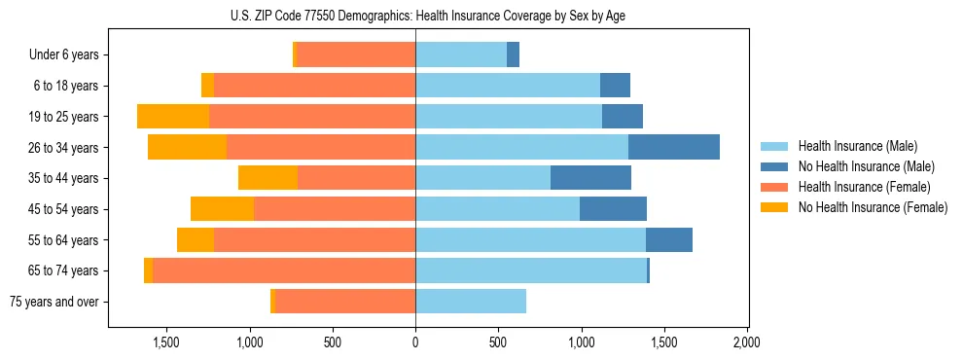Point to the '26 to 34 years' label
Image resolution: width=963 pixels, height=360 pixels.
click(x=65, y=147)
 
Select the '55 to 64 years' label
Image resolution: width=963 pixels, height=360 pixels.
click(x=65, y=239)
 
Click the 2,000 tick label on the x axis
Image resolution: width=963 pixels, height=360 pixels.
click(x=747, y=342)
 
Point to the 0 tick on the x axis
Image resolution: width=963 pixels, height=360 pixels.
click(x=415, y=342)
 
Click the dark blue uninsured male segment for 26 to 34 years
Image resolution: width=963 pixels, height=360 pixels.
click(x=674, y=147)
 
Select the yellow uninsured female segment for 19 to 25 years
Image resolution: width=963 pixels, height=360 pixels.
click(x=173, y=117)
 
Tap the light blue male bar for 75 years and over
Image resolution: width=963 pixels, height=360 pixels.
click(x=471, y=302)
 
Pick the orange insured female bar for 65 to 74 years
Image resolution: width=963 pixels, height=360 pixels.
click(x=284, y=270)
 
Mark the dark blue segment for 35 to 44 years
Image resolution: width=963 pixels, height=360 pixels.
click(x=590, y=178)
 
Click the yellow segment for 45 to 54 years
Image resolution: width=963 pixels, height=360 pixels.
click(x=222, y=209)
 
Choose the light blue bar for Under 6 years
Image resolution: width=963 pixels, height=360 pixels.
click(x=461, y=54)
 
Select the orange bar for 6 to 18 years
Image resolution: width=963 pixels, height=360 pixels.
click(x=314, y=86)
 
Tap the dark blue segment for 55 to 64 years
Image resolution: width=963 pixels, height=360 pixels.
click(x=669, y=239)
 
